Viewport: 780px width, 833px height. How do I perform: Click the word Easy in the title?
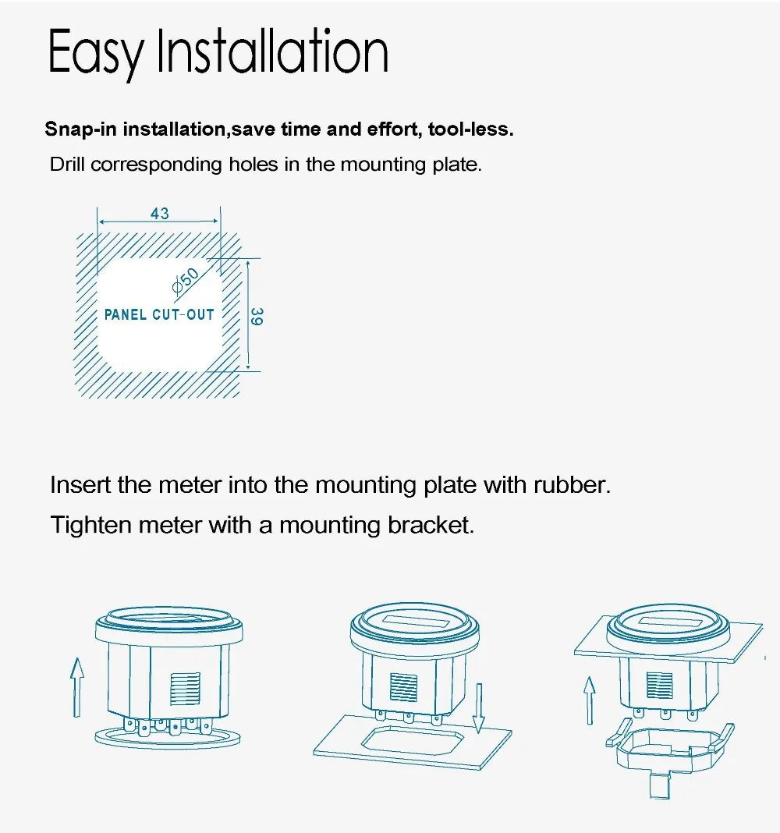[96, 53]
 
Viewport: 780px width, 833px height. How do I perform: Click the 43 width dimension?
[159, 214]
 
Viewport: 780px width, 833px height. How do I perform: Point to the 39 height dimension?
[257, 316]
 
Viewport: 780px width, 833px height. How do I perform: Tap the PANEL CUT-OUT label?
[158, 315]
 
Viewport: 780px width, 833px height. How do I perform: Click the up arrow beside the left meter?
[76, 686]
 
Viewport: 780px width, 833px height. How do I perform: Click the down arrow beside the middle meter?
[480, 707]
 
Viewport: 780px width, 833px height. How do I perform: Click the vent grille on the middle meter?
[402, 686]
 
